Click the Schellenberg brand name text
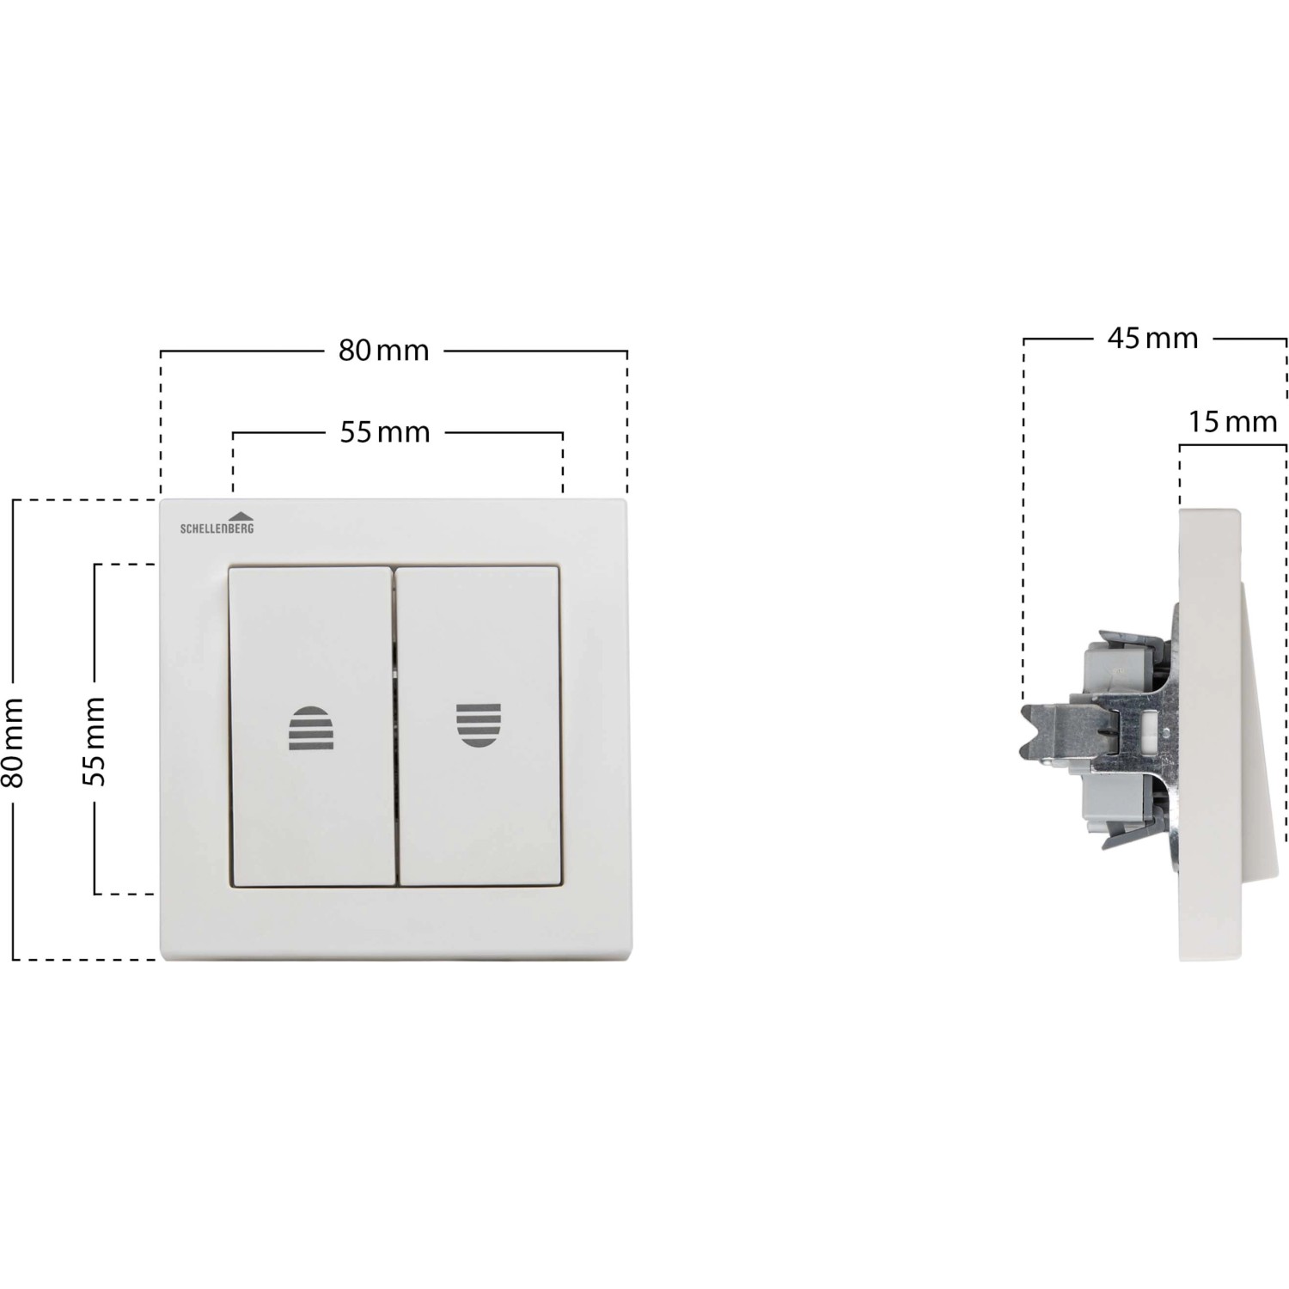217,528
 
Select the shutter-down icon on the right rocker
479,724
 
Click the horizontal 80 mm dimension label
383,351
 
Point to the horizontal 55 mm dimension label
384,431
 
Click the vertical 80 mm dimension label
14,742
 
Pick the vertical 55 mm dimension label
94,741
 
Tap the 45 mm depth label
1152,339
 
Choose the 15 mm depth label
1233,422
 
